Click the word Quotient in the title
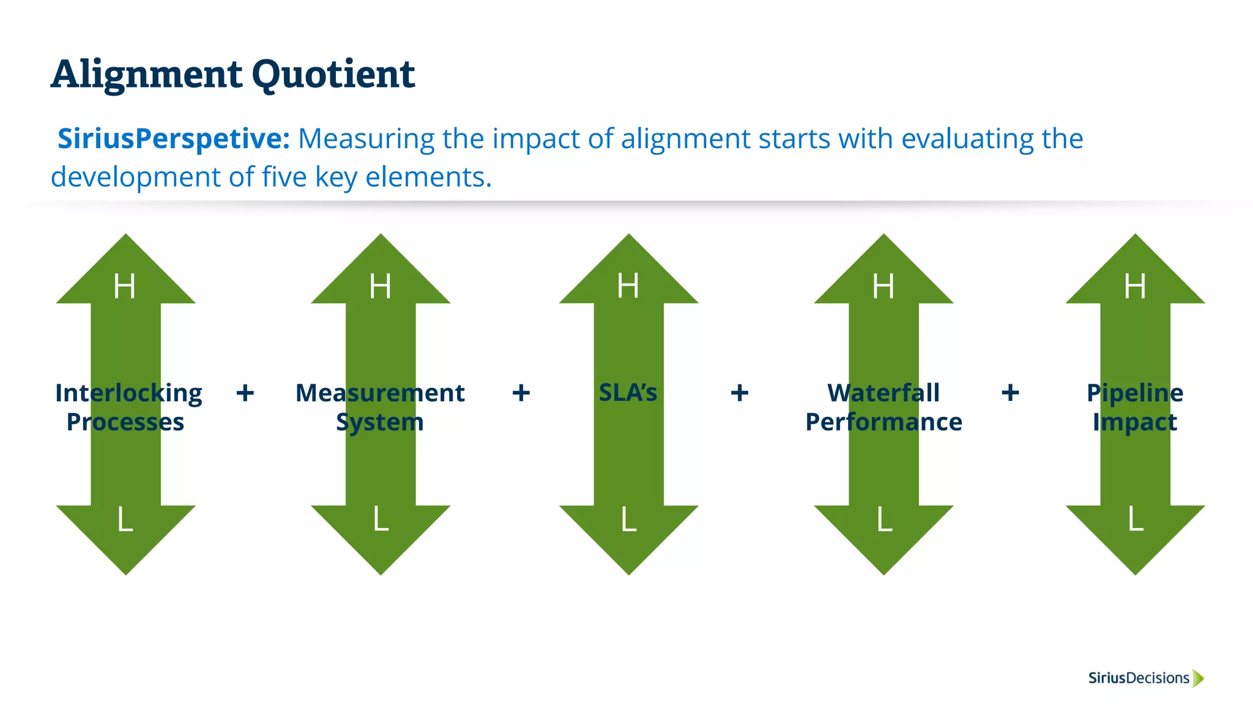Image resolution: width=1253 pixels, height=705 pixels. tap(333, 75)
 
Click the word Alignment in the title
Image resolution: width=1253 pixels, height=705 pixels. tap(147, 75)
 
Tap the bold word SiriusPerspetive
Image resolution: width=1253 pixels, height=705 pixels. tap(173, 139)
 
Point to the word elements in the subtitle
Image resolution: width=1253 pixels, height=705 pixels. tap(428, 177)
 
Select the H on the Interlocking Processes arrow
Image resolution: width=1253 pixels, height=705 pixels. tap(125, 286)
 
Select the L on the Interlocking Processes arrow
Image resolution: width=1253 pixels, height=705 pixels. tap(125, 520)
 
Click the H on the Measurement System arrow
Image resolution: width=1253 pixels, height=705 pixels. tap(380, 286)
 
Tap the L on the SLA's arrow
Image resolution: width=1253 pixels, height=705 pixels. tap(629, 520)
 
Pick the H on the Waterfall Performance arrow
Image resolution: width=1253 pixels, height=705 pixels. tap(883, 286)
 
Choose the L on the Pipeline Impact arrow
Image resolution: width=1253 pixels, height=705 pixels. tap(1136, 520)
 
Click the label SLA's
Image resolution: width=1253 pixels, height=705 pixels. tap(628, 393)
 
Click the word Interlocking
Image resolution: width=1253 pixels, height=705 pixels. tap(128, 393)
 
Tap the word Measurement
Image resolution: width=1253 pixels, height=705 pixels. tap(380, 393)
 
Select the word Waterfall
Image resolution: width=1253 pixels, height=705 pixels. tap(883, 393)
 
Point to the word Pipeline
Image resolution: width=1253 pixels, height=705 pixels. tap(1135, 393)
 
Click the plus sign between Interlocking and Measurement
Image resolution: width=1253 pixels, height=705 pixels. tap(245, 393)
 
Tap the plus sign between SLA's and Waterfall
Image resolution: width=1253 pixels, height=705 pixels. tap(740, 393)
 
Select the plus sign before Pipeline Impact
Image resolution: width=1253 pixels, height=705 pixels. tap(1010, 393)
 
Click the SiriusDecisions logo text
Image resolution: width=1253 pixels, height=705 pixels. tap(1139, 678)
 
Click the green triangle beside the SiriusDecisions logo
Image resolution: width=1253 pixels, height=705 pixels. tap(1198, 678)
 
